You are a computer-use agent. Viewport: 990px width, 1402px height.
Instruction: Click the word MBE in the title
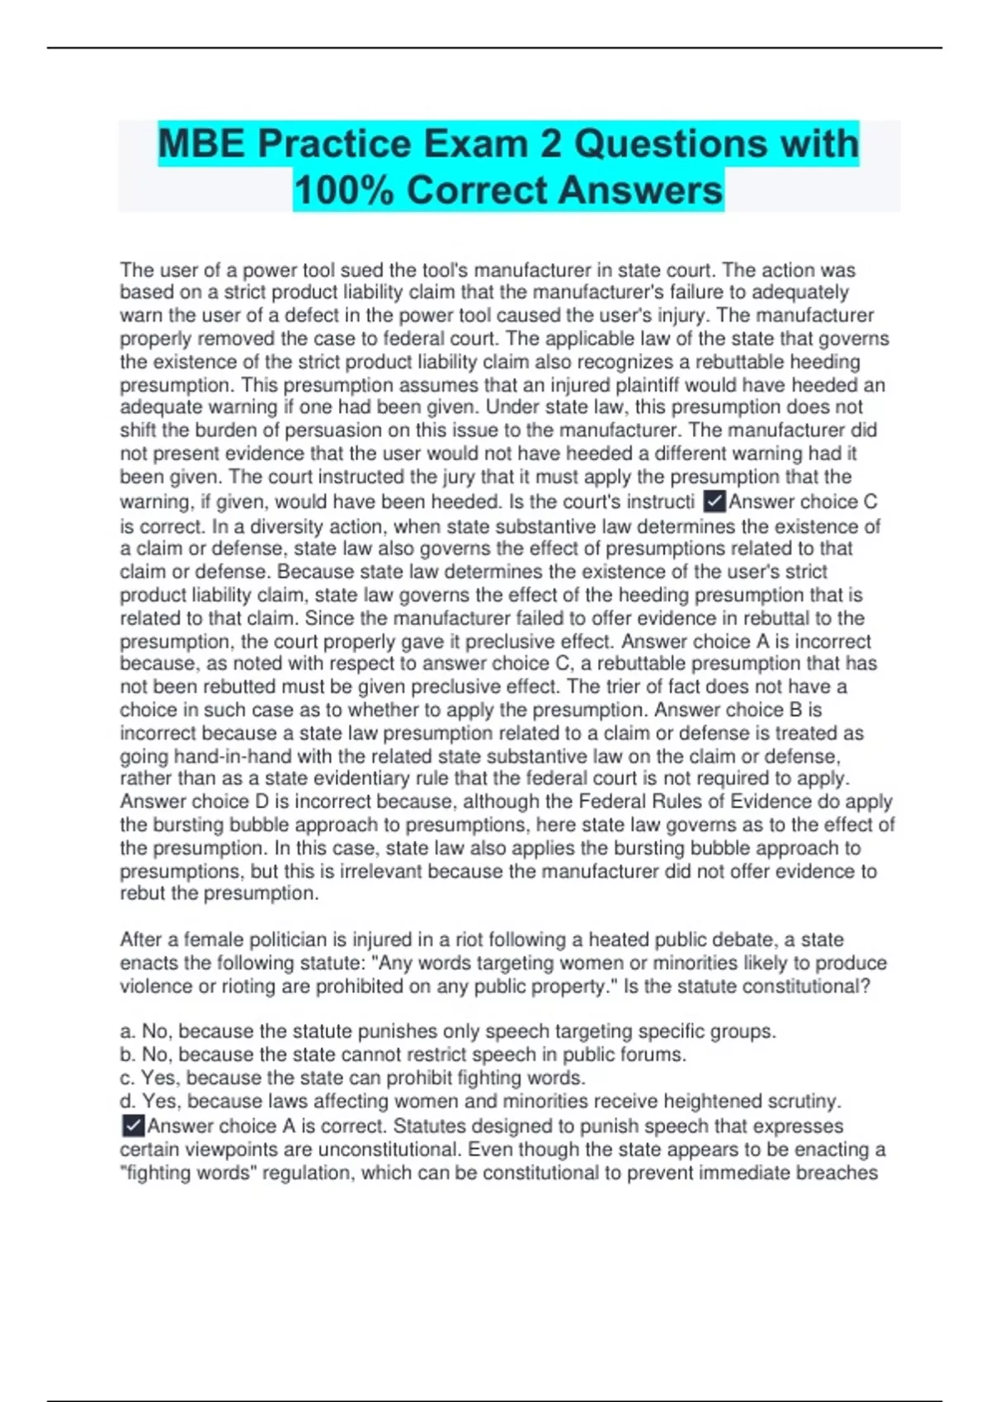click(201, 144)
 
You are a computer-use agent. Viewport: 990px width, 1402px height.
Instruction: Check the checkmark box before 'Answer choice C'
click(714, 501)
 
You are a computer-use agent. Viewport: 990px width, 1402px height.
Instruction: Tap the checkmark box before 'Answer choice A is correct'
click(132, 1126)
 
